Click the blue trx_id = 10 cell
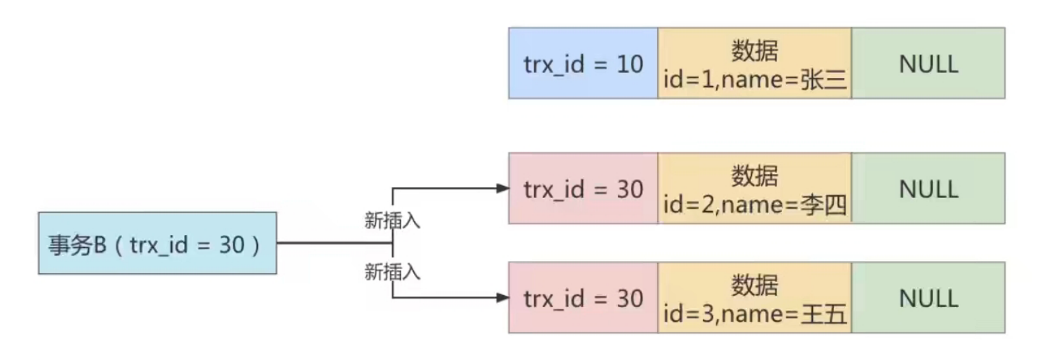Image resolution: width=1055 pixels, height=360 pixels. pos(583,63)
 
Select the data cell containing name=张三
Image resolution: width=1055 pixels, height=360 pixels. pos(754,63)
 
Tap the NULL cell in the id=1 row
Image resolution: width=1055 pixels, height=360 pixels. pos(929,63)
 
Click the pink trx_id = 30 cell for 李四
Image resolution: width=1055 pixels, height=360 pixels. pos(583,188)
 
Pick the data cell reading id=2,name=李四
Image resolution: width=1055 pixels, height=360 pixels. pos(754,188)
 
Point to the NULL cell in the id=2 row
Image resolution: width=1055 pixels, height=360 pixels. pos(929,188)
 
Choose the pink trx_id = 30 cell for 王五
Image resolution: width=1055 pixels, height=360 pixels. pos(583,297)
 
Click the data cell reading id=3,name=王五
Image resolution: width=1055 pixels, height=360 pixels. pos(754,297)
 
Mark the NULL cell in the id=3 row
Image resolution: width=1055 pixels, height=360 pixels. pos(929,297)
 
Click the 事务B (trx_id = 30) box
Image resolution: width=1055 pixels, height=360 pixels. pos(158,243)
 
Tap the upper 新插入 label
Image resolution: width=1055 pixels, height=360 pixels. pos(392,220)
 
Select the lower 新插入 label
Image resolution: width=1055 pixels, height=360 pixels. pos(392,272)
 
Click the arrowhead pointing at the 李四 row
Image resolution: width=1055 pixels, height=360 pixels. pos(502,189)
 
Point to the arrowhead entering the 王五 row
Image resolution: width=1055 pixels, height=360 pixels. pos(502,298)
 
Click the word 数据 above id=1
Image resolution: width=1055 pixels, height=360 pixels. pos(754,51)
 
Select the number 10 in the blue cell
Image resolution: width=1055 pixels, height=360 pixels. pos(629,64)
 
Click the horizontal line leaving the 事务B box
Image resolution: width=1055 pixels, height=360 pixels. pos(335,243)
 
